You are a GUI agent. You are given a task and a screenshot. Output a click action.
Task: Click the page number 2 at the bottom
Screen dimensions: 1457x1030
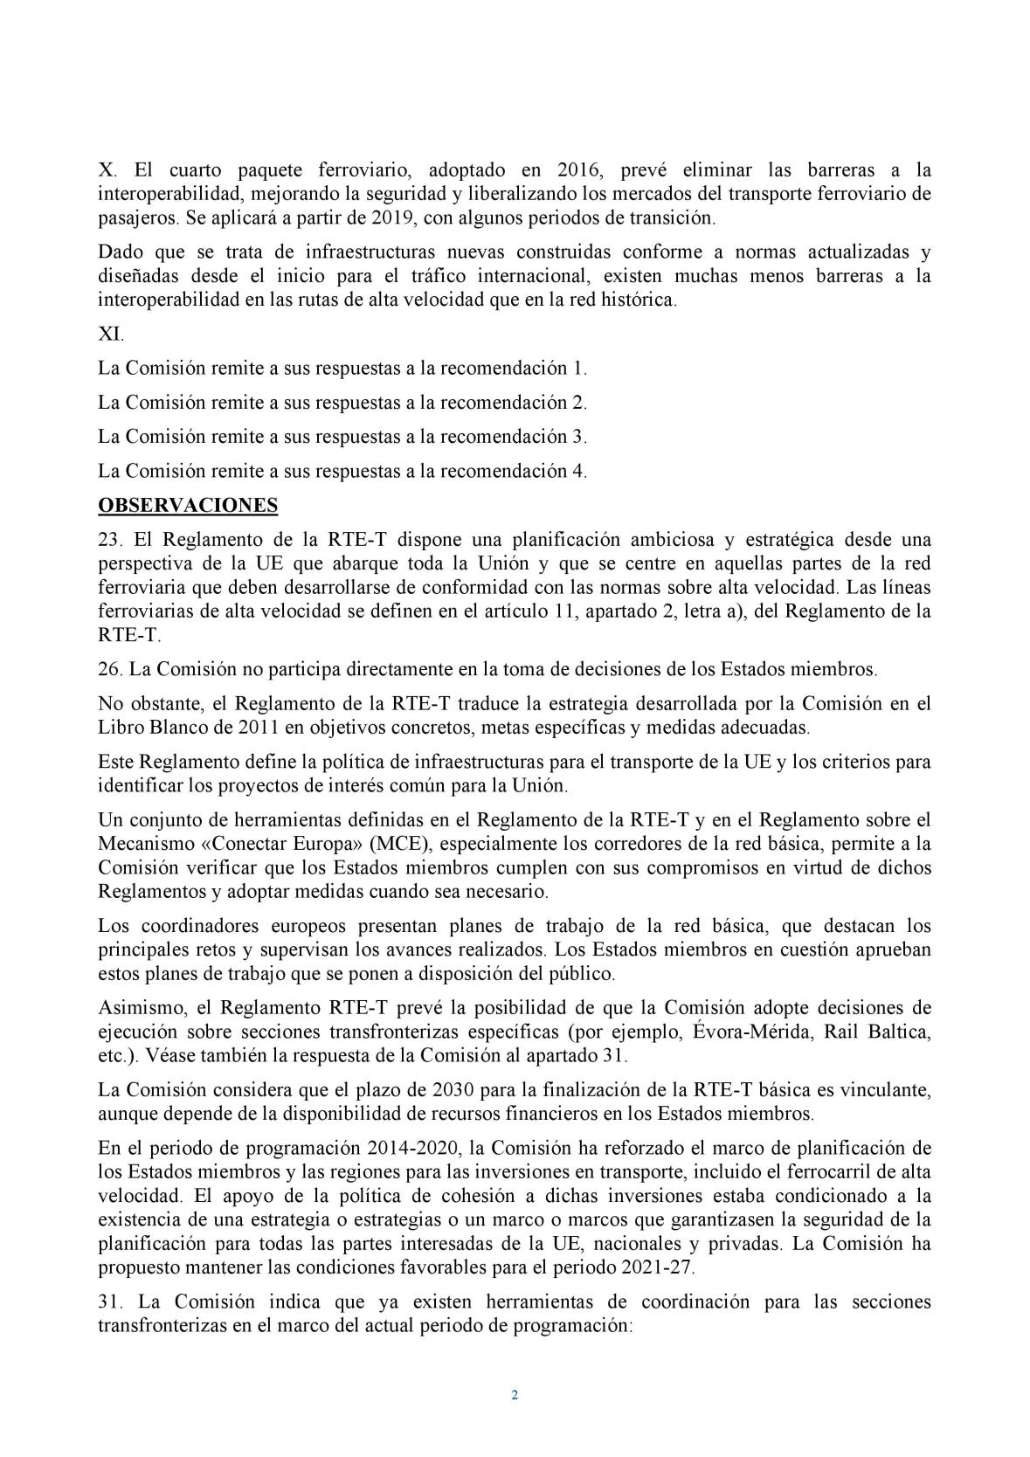[515, 1395]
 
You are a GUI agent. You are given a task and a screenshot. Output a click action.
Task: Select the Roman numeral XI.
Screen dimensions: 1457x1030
[111, 334]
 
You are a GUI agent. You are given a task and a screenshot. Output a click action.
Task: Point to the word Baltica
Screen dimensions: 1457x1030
[900, 1031]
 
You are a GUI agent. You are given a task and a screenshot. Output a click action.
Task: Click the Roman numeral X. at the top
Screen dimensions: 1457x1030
[106, 171]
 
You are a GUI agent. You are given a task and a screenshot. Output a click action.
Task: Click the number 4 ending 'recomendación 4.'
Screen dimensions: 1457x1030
[577, 471]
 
